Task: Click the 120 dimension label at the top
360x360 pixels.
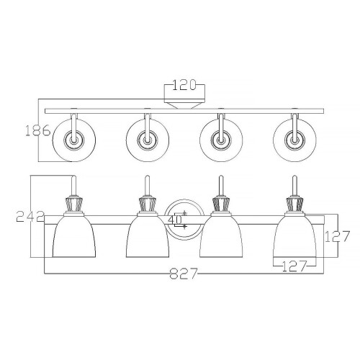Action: (x=184, y=85)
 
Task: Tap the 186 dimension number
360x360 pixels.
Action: (x=38, y=131)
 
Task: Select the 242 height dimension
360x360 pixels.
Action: (x=30, y=217)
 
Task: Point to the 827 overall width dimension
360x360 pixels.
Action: (x=184, y=274)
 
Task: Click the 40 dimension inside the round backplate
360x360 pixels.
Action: (x=175, y=220)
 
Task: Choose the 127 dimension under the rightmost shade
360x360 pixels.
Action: (x=294, y=266)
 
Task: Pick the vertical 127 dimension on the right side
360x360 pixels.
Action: (x=337, y=236)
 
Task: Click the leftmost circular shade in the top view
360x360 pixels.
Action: (x=74, y=140)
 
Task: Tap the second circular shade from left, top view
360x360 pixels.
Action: (x=148, y=140)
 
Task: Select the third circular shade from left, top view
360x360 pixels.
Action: (x=221, y=140)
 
